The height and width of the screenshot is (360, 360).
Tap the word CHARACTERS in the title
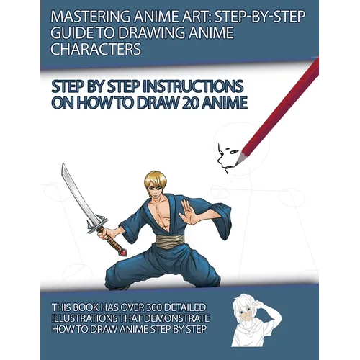click(96, 49)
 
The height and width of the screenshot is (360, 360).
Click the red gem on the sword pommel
click(124, 253)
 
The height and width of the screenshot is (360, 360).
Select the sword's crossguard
click(96, 225)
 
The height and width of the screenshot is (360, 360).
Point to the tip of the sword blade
click(63, 163)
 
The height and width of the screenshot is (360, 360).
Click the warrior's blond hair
click(156, 179)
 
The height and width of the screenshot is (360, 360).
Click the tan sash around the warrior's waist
click(170, 240)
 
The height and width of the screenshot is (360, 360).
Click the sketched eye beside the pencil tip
click(233, 152)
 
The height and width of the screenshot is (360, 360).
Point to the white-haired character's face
click(246, 312)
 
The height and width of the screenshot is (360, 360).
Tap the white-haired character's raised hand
click(261, 305)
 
